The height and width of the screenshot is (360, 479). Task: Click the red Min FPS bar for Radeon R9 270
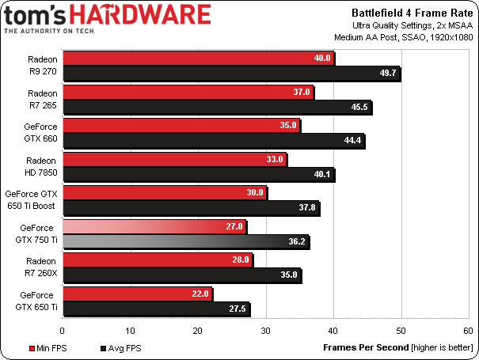[198, 58]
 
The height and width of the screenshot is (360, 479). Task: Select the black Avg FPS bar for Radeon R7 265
[216, 108]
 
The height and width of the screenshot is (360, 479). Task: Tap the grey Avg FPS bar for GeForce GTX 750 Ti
[185, 242]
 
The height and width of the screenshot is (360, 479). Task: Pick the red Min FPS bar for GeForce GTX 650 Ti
[137, 294]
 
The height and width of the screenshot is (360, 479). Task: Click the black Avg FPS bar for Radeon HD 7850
[198, 175]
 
